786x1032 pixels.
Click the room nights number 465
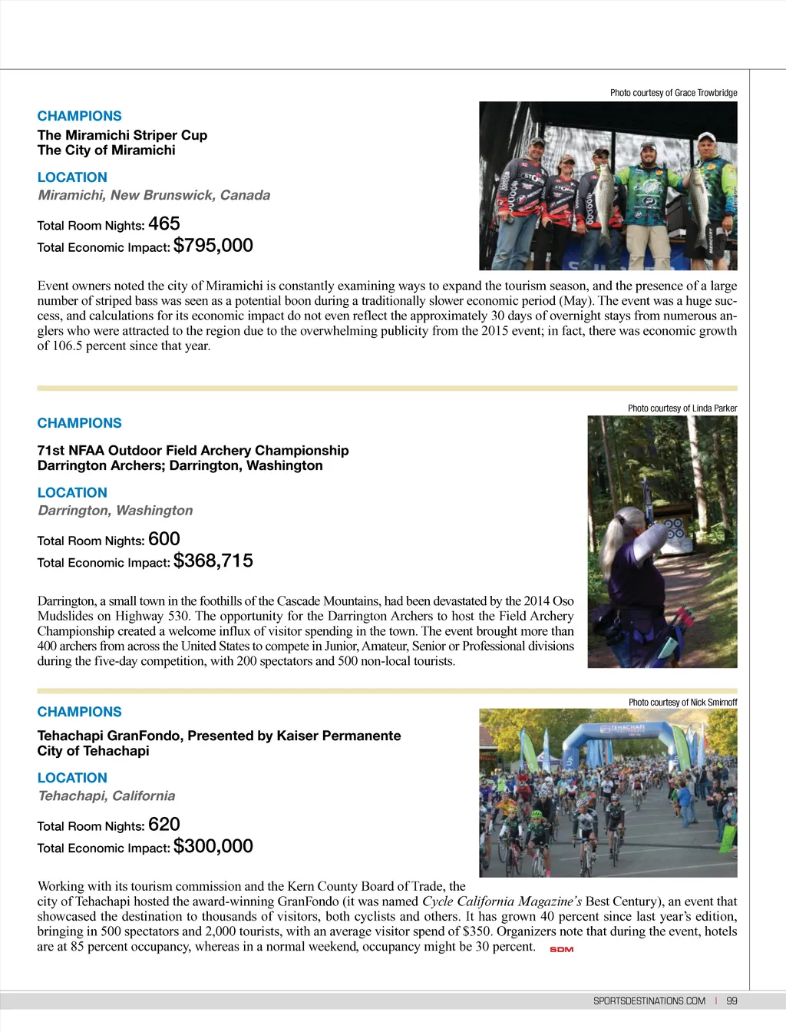point(163,223)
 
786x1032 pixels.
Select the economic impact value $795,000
point(213,246)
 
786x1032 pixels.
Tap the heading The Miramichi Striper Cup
point(122,135)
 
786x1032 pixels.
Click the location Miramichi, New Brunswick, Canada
point(154,195)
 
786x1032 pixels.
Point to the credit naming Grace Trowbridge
point(673,93)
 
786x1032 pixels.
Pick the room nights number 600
point(163,539)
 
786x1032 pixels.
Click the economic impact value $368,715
point(213,561)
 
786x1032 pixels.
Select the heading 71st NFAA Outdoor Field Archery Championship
point(193,451)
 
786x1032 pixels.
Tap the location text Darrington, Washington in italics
point(115,511)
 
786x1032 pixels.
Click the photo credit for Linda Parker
point(682,408)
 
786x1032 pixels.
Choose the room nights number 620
point(163,825)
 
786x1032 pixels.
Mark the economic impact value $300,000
point(213,846)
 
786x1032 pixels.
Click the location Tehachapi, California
point(107,796)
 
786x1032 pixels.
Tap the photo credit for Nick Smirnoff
point(682,703)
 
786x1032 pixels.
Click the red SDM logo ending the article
point(562,950)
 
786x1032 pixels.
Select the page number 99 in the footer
point(732,1001)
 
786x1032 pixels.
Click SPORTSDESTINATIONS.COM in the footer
point(649,1001)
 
